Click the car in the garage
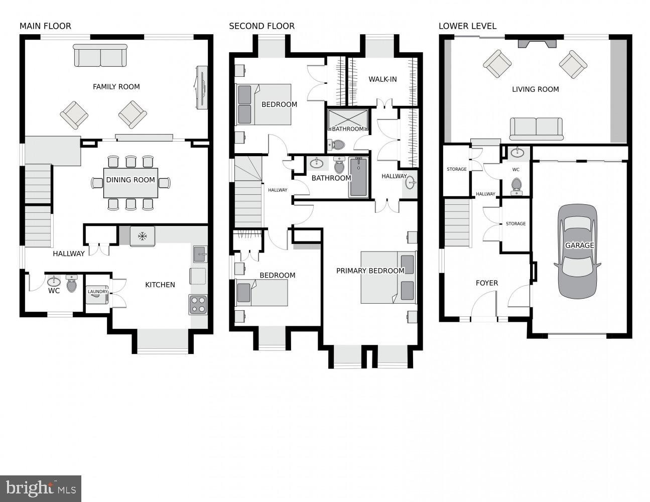coord(577,252)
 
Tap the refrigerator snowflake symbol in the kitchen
coord(142,236)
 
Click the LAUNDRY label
coord(97,291)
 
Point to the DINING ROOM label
coord(131,180)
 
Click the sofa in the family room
coord(100,56)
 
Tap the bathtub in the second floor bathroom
coord(358,177)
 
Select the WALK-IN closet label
coord(382,79)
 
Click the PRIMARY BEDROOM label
coord(370,271)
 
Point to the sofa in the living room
coord(536,129)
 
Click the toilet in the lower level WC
coord(516,186)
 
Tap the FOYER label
coord(487,283)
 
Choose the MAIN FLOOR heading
coord(46,26)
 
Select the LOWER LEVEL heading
coord(467,26)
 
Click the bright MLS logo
coord(41,488)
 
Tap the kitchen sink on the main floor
coord(200,254)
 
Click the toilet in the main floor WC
coord(72,284)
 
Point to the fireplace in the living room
coord(537,44)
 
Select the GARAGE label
coord(579,245)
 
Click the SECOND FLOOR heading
coord(262,26)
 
